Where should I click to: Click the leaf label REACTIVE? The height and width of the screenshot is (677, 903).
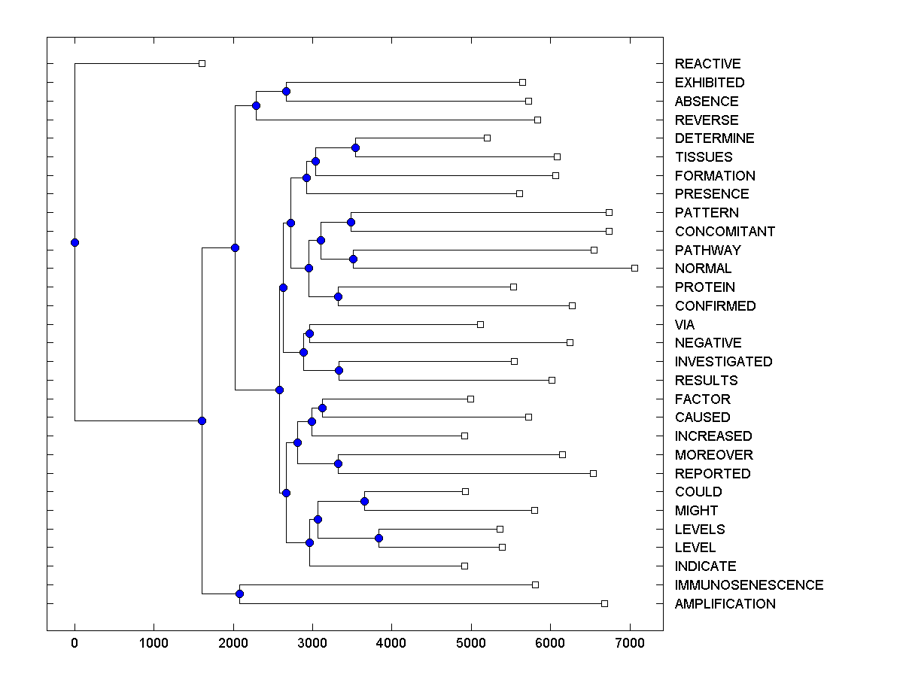point(707,64)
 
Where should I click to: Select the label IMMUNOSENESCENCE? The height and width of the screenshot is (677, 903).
point(749,585)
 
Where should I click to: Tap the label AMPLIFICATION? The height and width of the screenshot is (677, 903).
point(725,604)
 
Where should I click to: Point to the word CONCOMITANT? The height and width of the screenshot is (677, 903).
point(725,232)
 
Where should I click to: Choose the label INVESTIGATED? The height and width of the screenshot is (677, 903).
point(723,362)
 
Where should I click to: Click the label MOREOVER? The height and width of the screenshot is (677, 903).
point(713,455)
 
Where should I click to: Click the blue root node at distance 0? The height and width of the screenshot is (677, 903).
point(74,242)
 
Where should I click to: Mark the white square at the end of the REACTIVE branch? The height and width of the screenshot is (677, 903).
point(202,64)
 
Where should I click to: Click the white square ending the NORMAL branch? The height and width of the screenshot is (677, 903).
point(634,268)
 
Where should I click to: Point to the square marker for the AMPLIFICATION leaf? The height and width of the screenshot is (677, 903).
point(604,603)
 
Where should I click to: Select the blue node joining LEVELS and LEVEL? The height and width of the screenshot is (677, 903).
point(379,538)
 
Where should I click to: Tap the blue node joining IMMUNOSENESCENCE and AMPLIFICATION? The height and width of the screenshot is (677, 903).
point(239,594)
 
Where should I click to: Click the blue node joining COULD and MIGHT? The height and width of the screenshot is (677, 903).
point(364,501)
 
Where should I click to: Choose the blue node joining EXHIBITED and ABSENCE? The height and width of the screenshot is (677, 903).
point(286,91)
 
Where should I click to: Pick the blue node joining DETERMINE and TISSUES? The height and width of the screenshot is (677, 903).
point(355,147)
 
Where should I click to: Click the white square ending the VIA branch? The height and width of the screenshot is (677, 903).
point(480,324)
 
